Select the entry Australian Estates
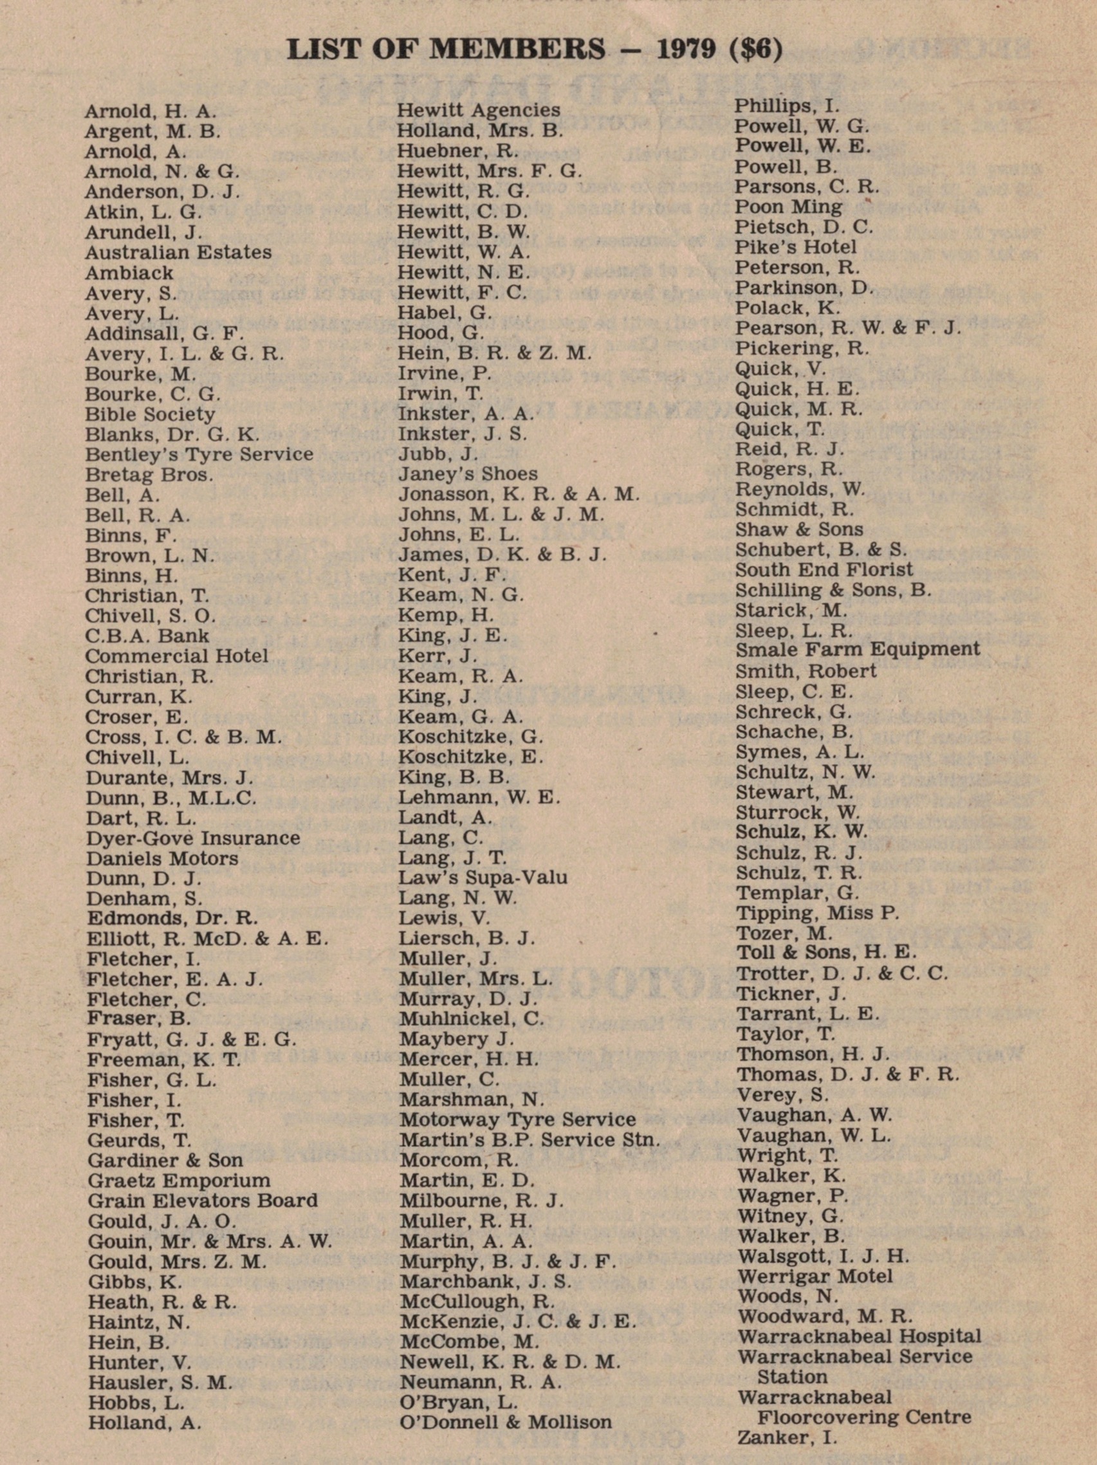click(x=178, y=252)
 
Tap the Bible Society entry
click(x=150, y=414)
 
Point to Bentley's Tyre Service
click(x=199, y=454)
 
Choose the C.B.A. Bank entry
click(x=147, y=636)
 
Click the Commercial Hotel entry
click(x=176, y=656)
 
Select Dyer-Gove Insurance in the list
click(x=193, y=838)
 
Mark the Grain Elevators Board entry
click(x=203, y=1200)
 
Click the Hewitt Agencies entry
click(x=478, y=110)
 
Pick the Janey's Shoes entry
click(x=468, y=474)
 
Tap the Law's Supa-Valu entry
click(x=483, y=878)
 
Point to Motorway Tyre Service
click(x=517, y=1119)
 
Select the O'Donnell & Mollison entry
click(x=506, y=1422)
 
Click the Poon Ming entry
click(x=788, y=207)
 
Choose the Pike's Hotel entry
click(x=796, y=248)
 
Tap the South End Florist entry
click(x=824, y=569)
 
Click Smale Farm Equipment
click(x=857, y=650)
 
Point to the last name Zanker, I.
click(x=787, y=1438)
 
